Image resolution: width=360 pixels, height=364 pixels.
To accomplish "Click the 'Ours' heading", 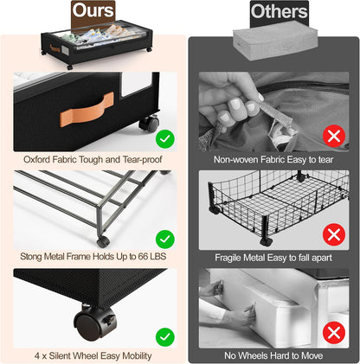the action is (93, 10).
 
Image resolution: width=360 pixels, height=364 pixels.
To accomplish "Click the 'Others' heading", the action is (280, 12).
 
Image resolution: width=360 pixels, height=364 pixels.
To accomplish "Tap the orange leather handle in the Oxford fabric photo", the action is (87, 110).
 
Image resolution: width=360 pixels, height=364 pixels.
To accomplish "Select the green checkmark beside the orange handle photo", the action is (165, 139).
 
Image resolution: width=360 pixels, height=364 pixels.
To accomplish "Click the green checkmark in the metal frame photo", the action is (165, 239).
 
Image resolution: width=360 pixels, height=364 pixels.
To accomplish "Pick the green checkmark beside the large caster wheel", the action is (165, 337).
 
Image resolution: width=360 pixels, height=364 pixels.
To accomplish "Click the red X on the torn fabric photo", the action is (334, 136).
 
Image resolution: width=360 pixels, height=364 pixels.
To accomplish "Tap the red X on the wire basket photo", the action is (334, 234).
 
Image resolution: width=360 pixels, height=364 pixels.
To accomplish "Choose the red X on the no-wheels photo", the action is (334, 333).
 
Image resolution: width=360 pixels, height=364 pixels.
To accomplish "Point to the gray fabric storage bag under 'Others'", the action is (274, 43).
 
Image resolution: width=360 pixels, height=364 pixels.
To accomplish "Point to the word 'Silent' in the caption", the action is (60, 355).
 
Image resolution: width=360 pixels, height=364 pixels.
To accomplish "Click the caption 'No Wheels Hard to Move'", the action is (273, 355).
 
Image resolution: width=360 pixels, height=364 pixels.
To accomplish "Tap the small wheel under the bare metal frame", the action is (103, 241).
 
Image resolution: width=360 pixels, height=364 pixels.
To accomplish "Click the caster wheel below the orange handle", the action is (149, 123).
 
